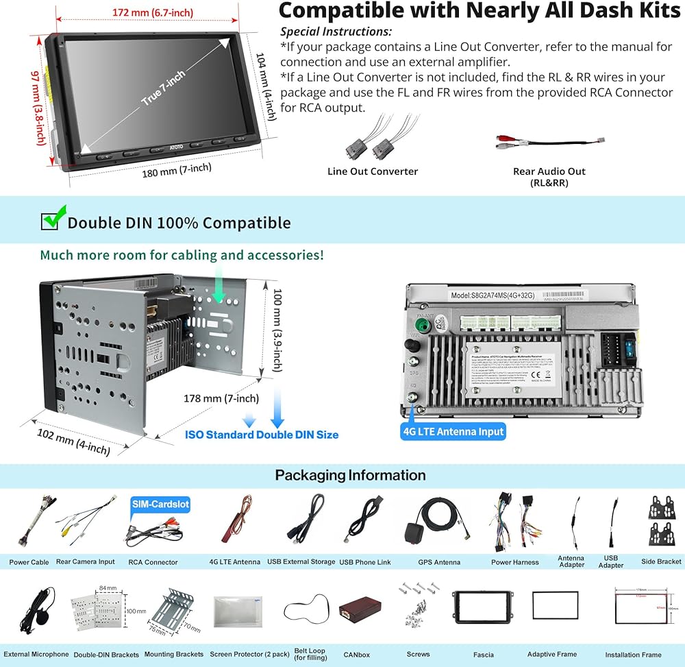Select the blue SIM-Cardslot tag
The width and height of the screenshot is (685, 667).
(x=160, y=505)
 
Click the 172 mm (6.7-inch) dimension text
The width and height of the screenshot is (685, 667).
(x=153, y=12)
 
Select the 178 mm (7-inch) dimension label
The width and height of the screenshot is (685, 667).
(x=221, y=399)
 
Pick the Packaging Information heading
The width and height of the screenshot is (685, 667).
(x=350, y=475)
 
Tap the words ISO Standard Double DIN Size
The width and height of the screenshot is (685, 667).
(x=262, y=435)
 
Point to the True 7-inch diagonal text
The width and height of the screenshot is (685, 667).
(x=164, y=90)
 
